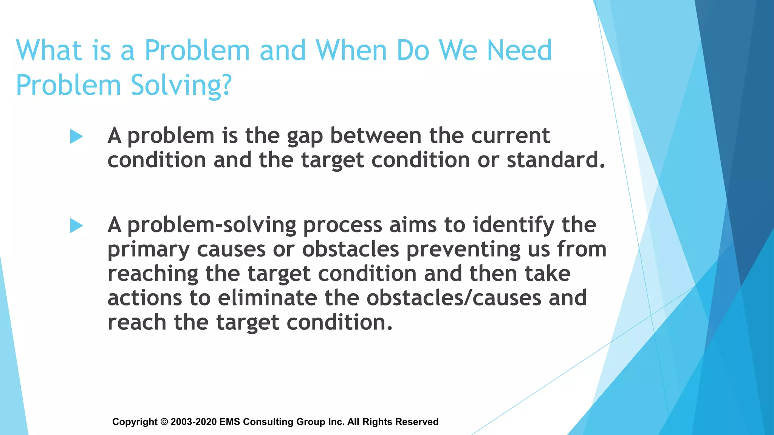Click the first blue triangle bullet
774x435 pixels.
(x=76, y=137)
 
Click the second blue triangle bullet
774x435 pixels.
(x=76, y=226)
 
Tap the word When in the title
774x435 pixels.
(x=351, y=50)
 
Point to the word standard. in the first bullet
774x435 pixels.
(x=556, y=160)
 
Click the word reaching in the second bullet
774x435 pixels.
(x=153, y=275)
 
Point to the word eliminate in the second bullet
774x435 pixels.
(x=267, y=298)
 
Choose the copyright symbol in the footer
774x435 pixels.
(x=164, y=422)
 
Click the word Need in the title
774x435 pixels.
(x=519, y=50)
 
